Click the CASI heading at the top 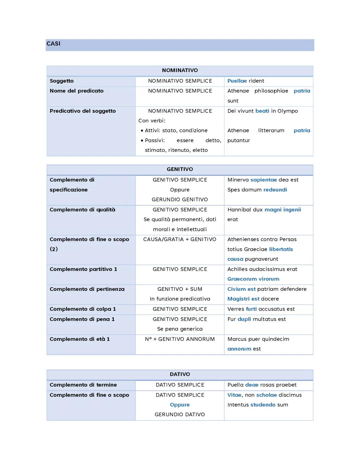[x=53, y=44]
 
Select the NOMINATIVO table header [x=180, y=70]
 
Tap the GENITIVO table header [x=180, y=169]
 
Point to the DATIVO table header [x=180, y=374]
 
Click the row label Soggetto [x=62, y=81]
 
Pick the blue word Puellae [x=237, y=81]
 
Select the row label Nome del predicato [x=76, y=91]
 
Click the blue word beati [x=262, y=111]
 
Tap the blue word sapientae [x=263, y=180]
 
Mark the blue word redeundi [x=275, y=190]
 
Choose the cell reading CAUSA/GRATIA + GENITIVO [x=180, y=239]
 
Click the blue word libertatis [x=281, y=249]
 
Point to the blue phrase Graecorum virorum [x=253, y=279]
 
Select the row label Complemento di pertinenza [x=87, y=289]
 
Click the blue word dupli [x=244, y=319]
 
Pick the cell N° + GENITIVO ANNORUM [x=180, y=339]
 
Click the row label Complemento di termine [x=83, y=385]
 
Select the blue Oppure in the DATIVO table [x=180, y=405]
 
